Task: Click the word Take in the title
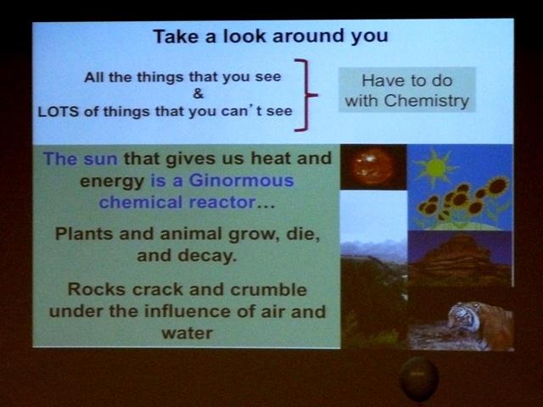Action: pos(176,36)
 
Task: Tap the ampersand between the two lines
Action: pos(198,94)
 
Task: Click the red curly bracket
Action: pos(305,95)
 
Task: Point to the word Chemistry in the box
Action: pos(426,101)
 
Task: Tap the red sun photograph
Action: pos(373,167)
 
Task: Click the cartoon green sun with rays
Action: pos(435,167)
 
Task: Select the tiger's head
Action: pos(464,316)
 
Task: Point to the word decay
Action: pos(207,256)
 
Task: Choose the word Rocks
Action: pos(96,289)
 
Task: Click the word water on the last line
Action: pos(187,333)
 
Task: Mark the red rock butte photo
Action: pos(461,258)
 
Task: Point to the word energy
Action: pos(112,181)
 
